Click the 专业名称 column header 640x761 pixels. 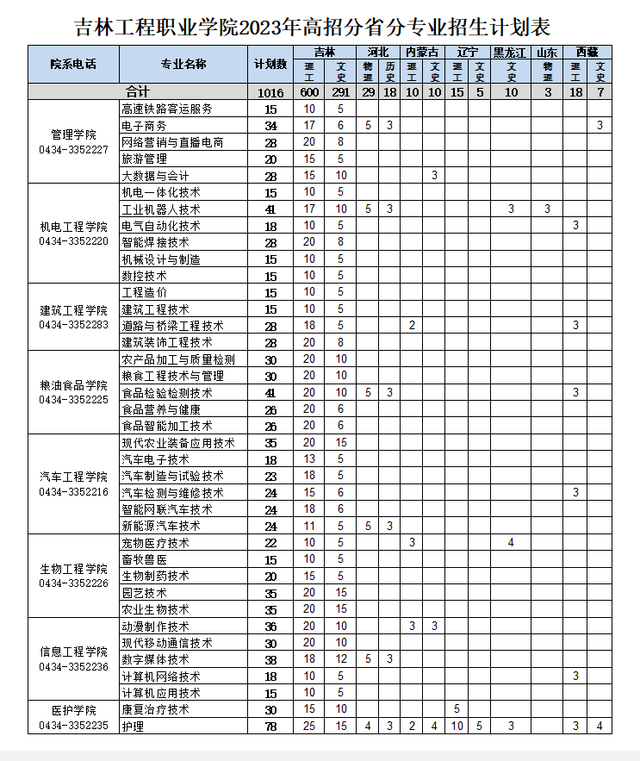tap(183, 65)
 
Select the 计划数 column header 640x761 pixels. tap(270, 65)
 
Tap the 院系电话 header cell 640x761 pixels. tap(74, 65)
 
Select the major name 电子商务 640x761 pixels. tap(144, 126)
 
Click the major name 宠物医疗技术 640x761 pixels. tap(155, 543)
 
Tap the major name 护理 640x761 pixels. tap(133, 727)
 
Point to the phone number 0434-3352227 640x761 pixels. tap(74, 150)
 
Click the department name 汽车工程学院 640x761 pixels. tap(74, 477)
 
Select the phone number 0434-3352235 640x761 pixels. tap(74, 726)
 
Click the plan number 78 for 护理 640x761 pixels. tap(270, 727)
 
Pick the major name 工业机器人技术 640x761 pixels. tap(161, 209)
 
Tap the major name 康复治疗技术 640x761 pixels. tap(155, 709)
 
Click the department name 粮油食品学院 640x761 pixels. tap(74, 384)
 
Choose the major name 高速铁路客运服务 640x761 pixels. tap(167, 109)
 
